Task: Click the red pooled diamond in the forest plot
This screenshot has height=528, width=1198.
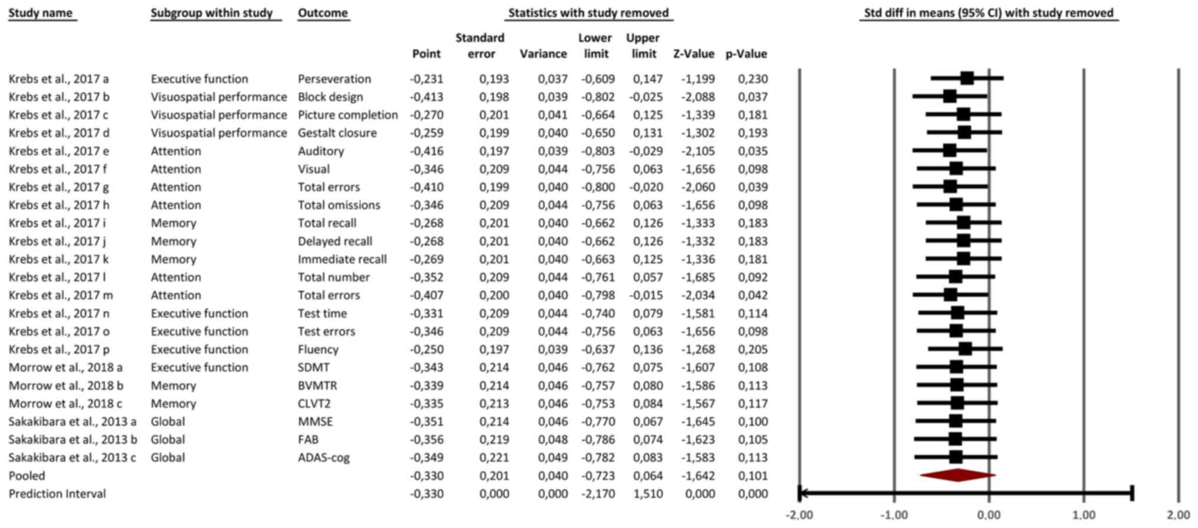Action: coord(958,475)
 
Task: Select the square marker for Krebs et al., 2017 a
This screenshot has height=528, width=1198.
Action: coord(967,78)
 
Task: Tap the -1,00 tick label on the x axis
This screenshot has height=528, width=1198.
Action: coord(894,515)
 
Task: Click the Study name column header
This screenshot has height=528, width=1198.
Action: coord(41,13)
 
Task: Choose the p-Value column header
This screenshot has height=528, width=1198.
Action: coord(746,54)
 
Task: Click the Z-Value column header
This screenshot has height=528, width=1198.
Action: coord(694,54)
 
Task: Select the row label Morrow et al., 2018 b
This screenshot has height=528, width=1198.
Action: coord(66,385)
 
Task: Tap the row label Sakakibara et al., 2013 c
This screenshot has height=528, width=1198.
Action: coord(72,457)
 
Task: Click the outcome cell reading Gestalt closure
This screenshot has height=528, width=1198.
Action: coord(337,133)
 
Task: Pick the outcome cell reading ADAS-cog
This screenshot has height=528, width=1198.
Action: coord(323,457)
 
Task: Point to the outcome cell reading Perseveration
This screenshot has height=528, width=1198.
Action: coord(334,79)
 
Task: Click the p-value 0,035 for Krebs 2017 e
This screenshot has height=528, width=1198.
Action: coord(753,151)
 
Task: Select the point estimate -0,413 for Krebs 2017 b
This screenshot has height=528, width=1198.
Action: coord(426,97)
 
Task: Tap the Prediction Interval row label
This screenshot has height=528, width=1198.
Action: coord(57,493)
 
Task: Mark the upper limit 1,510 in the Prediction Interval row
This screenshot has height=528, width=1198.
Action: coord(648,493)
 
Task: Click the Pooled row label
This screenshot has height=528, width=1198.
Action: coord(27,475)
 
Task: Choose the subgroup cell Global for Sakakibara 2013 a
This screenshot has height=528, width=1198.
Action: coord(168,421)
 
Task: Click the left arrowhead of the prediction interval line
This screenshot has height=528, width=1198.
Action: coord(802,493)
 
